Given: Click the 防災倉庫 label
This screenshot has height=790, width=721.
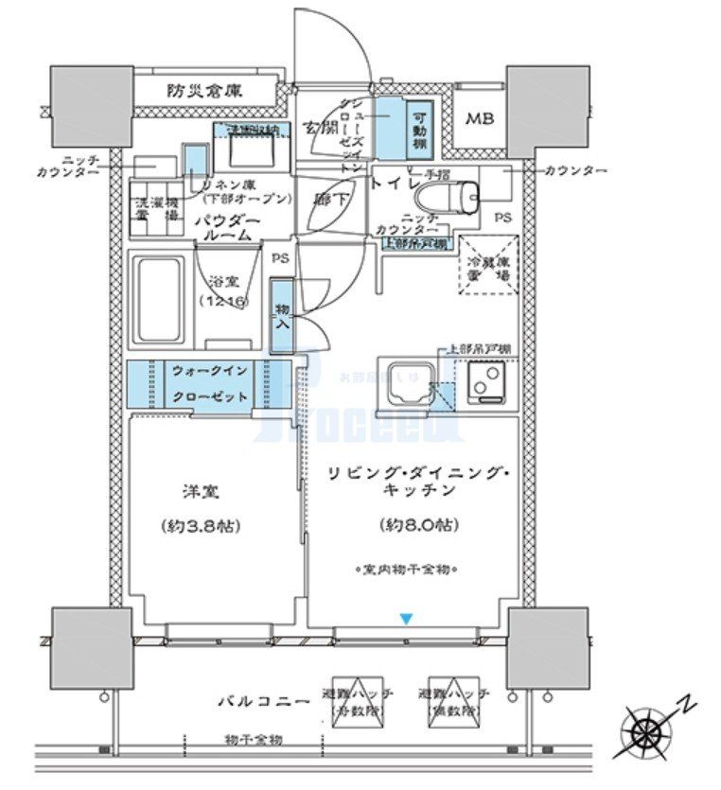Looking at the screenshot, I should (x=205, y=91).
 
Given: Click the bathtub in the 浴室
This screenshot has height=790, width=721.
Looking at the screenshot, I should (x=161, y=301).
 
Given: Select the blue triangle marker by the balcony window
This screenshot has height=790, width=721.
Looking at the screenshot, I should (x=406, y=619).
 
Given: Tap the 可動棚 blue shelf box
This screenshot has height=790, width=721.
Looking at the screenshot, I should (x=419, y=128).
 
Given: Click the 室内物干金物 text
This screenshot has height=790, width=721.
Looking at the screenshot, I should (x=407, y=570).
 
